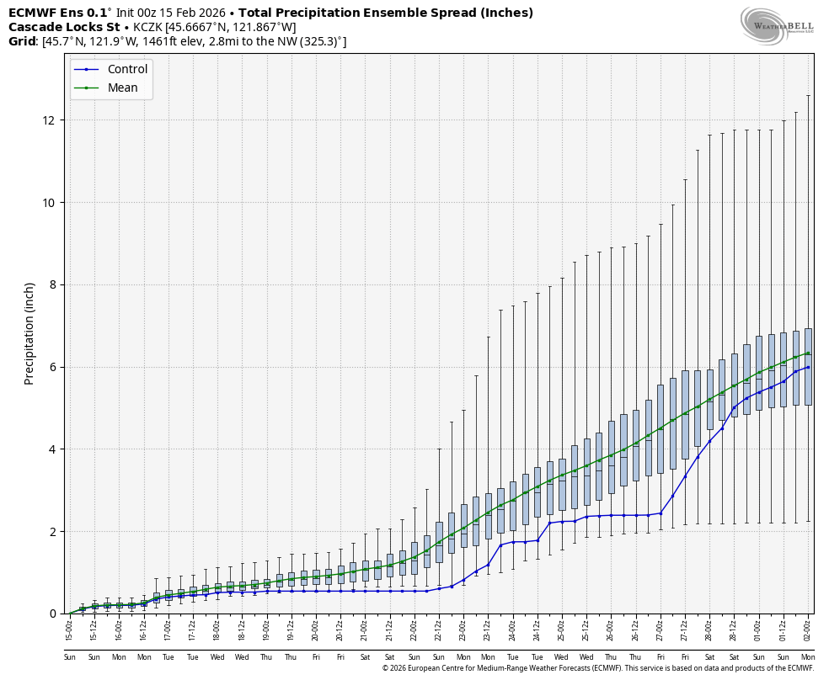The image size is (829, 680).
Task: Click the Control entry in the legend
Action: pyautogui.click(x=127, y=69)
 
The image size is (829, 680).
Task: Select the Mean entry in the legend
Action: pyautogui.click(x=122, y=88)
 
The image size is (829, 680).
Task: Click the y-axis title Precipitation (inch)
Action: pyautogui.click(x=29, y=333)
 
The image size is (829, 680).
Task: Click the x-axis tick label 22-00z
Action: pyautogui.click(x=414, y=628)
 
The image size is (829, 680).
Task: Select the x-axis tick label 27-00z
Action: pyautogui.click(x=660, y=628)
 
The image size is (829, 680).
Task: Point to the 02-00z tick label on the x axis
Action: pyautogui.click(x=808, y=628)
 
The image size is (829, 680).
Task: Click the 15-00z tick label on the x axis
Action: pyautogui.click(x=70, y=628)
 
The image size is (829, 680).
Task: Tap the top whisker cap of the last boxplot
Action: pyautogui.click(x=808, y=95)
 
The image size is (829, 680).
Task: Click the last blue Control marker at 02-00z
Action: pyautogui.click(x=808, y=366)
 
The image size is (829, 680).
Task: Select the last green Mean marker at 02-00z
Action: pyautogui.click(x=808, y=353)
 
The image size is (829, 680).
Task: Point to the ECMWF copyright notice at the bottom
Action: pyautogui.click(x=597, y=668)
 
